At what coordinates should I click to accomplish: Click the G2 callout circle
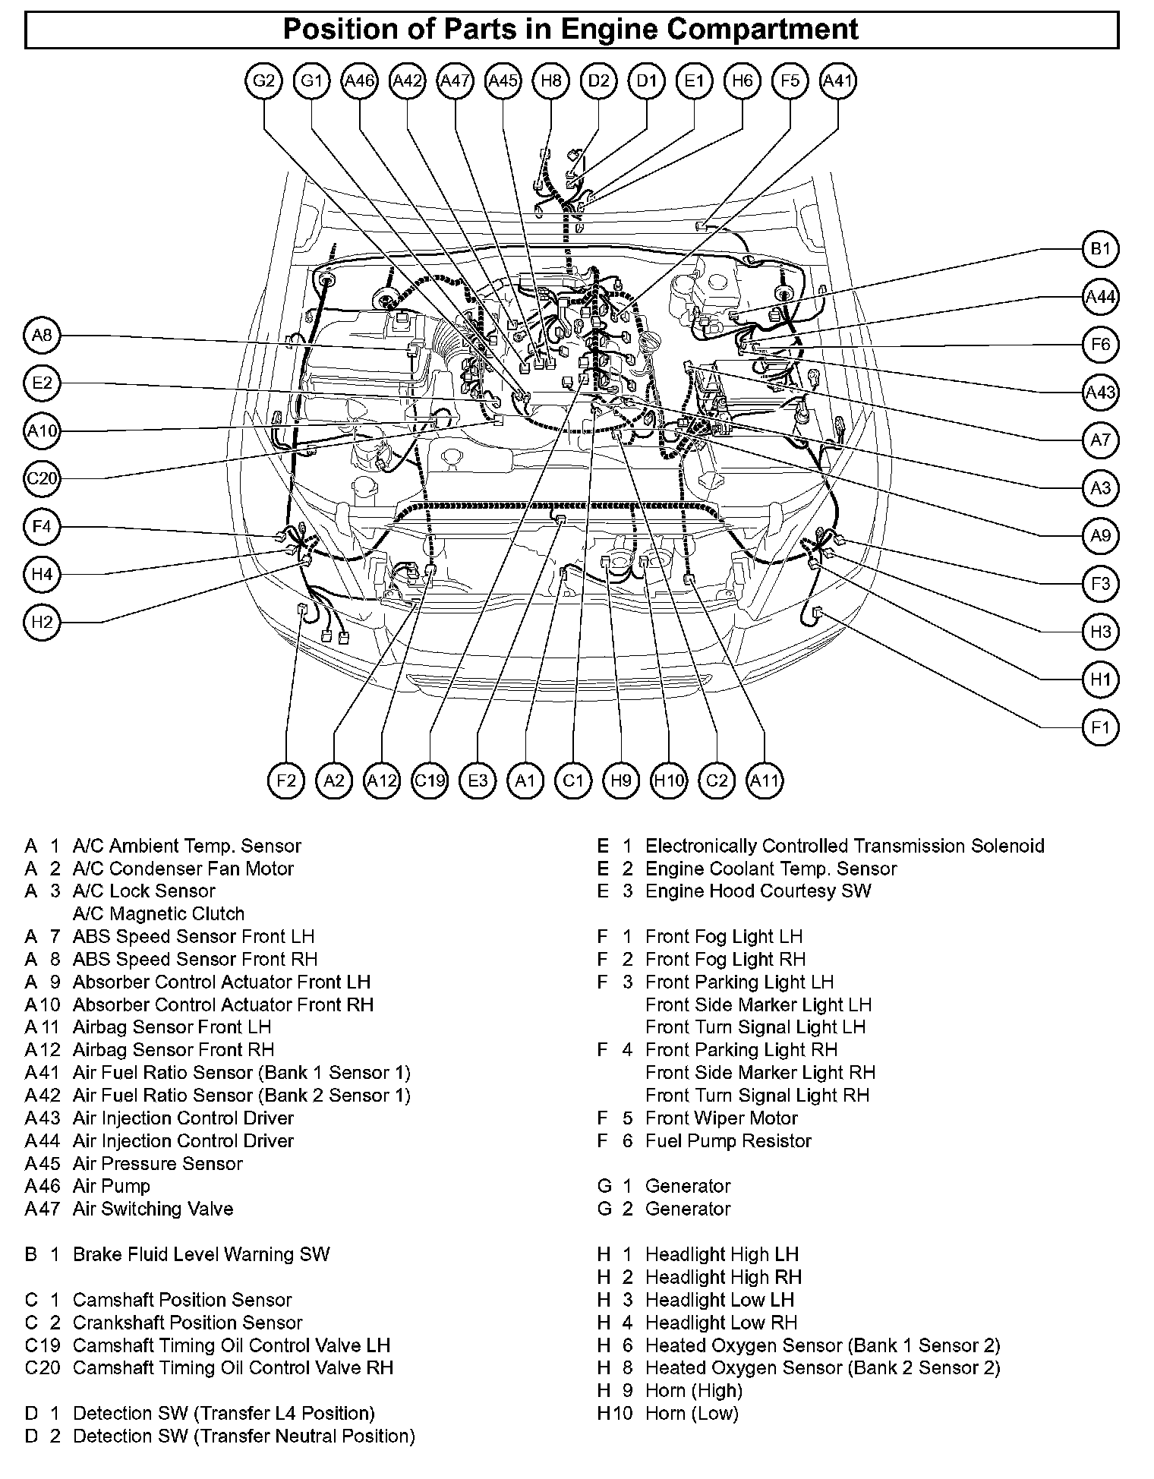coord(263,80)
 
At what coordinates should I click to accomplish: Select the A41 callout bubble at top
coord(838,80)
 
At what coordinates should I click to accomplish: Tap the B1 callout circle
coord(1100,249)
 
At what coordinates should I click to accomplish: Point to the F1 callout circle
coord(1100,727)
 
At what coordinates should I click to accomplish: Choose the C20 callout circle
coord(42,479)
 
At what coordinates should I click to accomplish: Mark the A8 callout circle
coord(42,335)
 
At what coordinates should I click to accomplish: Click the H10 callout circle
coord(669,780)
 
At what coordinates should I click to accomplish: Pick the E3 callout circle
coord(478,780)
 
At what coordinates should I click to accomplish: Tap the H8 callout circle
coord(550,80)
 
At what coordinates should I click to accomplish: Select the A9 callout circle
coord(1100,536)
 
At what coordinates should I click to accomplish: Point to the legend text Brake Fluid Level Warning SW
coord(201,1254)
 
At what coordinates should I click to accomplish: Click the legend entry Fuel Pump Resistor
coord(728,1140)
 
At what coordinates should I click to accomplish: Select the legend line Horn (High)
coord(693,1390)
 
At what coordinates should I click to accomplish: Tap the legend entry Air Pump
coord(112,1186)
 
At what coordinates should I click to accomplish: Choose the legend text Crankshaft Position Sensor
coord(188,1323)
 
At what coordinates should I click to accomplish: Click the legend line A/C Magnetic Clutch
coord(158,913)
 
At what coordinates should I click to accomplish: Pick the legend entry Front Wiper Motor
coord(721,1118)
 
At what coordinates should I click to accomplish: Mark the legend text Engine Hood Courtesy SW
coord(758,891)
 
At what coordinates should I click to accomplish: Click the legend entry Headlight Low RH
coord(720,1323)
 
